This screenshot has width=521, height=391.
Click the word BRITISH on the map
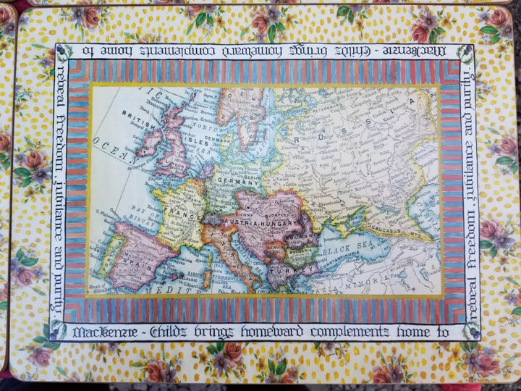138,114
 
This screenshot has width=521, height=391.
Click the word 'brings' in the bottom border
190,332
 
